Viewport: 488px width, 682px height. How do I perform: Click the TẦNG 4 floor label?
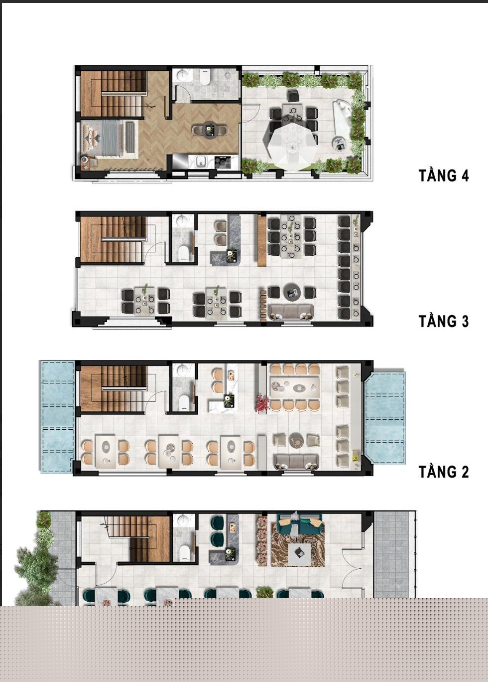[x=444, y=175]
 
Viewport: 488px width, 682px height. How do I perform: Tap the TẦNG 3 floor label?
[x=444, y=322]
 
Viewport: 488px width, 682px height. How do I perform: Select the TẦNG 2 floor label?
[x=444, y=472]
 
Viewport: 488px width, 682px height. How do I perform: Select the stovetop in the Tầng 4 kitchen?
[x=223, y=162]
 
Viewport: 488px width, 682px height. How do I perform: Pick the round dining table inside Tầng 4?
[x=210, y=130]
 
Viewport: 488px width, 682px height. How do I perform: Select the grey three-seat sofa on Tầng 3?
[x=291, y=313]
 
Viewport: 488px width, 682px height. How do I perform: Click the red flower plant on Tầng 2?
[x=262, y=403]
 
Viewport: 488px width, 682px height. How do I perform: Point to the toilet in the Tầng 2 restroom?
[x=184, y=402]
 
